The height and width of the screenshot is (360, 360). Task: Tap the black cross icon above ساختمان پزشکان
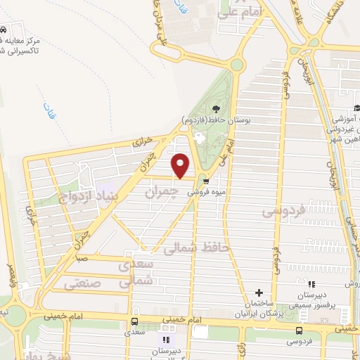[259, 292]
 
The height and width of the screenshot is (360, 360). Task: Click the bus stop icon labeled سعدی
[134, 323]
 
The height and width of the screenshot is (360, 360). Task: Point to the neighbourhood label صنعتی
[83, 283]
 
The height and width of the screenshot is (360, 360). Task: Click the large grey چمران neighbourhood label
[159, 191]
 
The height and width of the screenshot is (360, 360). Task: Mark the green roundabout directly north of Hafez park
[236, 65]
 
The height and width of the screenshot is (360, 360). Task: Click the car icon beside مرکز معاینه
[4, 32]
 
